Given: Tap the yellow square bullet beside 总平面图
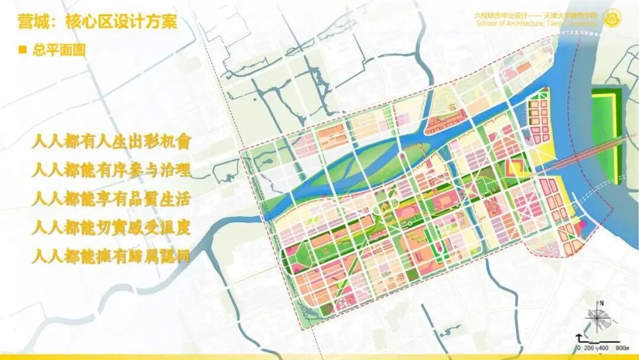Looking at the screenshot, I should (x=23, y=50).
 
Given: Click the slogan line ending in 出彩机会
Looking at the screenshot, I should (x=112, y=142).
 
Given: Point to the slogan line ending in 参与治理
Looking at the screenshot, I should (x=112, y=171).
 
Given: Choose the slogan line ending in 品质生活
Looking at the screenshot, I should (x=112, y=199).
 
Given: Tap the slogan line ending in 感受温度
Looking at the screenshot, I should (x=112, y=227).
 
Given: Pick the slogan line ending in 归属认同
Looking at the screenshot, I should (x=112, y=256).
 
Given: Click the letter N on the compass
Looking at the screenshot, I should (x=601, y=304).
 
